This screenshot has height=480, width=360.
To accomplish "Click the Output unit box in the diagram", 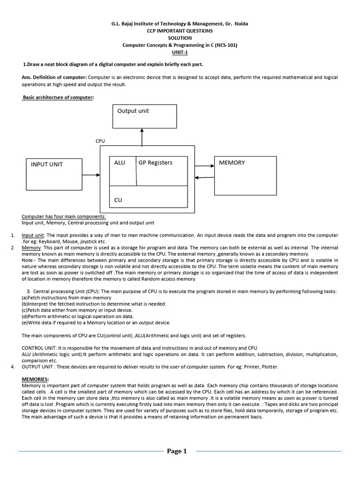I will tap(144, 116).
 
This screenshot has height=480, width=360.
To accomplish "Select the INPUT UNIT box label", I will tap(46, 165).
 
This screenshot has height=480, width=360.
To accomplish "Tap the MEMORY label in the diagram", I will tap(232, 163).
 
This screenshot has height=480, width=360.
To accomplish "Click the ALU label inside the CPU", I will tap(120, 163).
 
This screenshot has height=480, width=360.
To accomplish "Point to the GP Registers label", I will tap(155, 163).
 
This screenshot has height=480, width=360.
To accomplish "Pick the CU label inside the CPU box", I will tap(118, 200).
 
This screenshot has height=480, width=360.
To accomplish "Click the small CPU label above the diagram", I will tap(100, 140).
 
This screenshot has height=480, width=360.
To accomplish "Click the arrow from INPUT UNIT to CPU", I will tap(91, 175).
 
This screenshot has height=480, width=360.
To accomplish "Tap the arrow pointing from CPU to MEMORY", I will tap(204, 165).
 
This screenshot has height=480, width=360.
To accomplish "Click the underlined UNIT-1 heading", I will tap(180, 52).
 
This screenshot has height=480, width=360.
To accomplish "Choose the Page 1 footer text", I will tap(177, 451).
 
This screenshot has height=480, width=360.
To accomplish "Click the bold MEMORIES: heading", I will tap(36, 379).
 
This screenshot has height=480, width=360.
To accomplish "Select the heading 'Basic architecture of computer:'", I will tap(58, 97).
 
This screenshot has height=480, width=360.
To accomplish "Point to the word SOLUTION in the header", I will tap(180, 38).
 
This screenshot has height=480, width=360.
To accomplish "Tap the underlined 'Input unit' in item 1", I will tap(33, 235).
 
